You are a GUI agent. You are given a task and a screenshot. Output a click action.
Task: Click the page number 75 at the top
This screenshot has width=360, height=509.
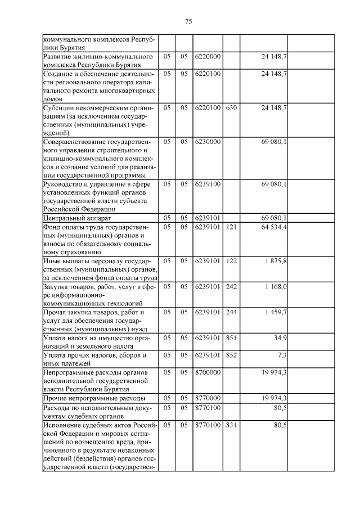pyautogui.click(x=188, y=22)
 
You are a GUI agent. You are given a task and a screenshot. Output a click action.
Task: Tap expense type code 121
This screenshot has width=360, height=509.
pyautogui.click(x=231, y=227)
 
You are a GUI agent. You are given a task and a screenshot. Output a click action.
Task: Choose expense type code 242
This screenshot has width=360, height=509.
pyautogui.click(x=231, y=287)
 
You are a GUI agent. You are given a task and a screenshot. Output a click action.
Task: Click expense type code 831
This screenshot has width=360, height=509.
pyautogui.click(x=231, y=426)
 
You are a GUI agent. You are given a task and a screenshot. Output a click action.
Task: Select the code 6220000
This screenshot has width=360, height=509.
pyautogui.click(x=208, y=57)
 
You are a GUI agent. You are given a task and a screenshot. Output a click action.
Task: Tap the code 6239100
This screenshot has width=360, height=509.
pyautogui.click(x=208, y=184)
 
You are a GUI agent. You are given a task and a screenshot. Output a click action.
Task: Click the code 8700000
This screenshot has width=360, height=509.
pyautogui.click(x=208, y=372)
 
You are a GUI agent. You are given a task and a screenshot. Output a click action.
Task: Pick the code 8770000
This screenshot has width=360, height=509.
pyautogui.click(x=208, y=398)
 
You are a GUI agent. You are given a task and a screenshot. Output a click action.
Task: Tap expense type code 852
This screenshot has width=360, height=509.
pyautogui.click(x=231, y=355)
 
